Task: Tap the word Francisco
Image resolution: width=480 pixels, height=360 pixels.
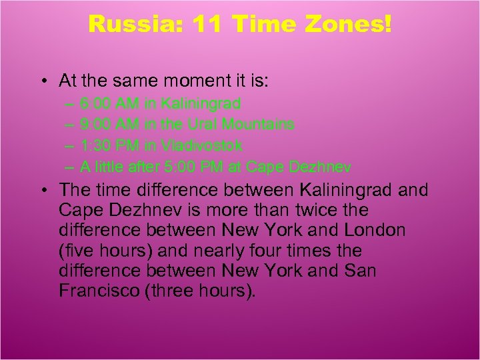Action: [x=93, y=291]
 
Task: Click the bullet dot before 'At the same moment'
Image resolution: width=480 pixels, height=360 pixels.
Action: [x=42, y=82]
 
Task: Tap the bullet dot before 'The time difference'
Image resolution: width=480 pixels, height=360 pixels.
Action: [x=42, y=190]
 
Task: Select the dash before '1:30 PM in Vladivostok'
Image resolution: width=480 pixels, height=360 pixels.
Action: [x=70, y=145]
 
